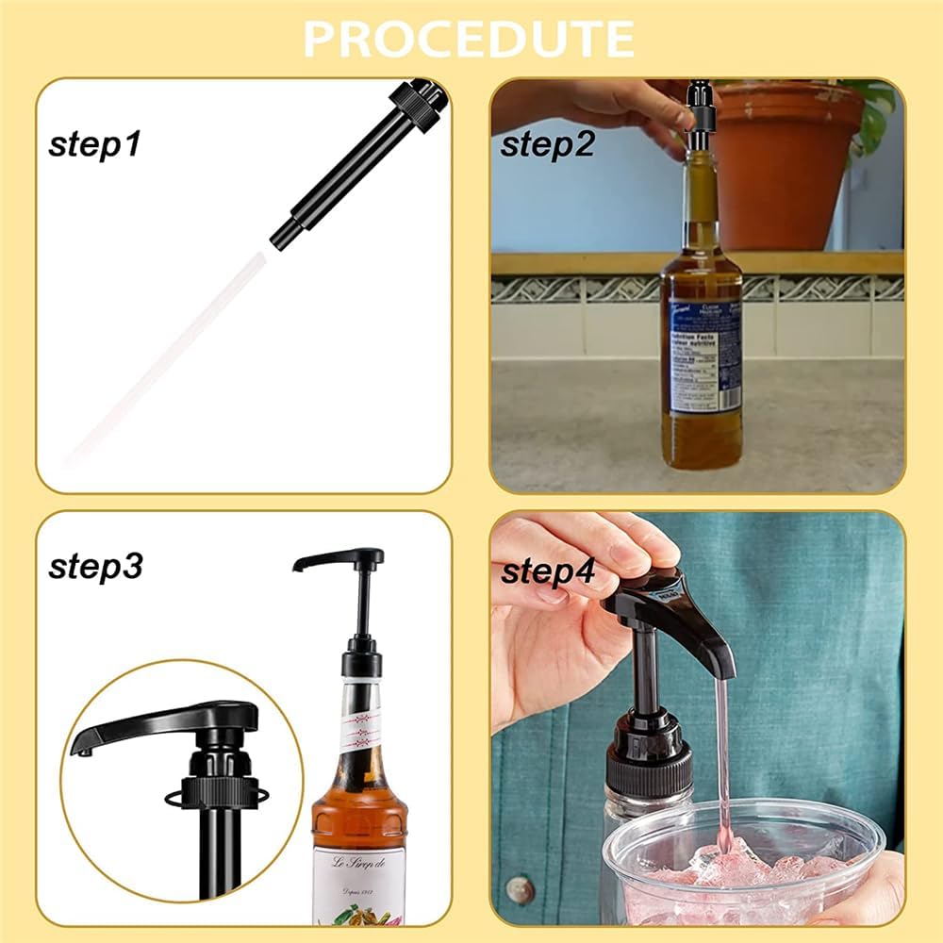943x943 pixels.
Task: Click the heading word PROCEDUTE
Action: click(469, 39)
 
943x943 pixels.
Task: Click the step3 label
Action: click(95, 567)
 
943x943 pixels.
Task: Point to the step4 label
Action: click(548, 571)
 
